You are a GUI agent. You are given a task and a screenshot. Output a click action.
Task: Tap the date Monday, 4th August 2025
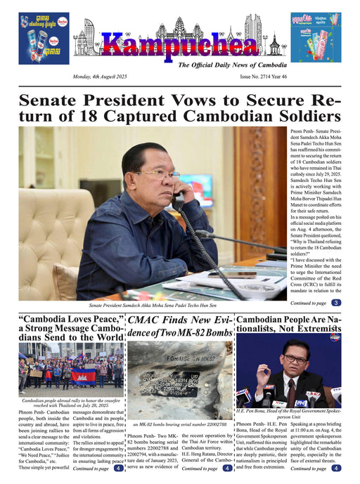point(103,77)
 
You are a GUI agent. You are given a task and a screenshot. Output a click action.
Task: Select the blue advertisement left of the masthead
point(44,38)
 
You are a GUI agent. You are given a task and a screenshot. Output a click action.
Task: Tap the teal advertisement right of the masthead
point(315,38)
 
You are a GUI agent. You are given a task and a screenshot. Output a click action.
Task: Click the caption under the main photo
point(153,306)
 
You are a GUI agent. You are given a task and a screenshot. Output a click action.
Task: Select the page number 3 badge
point(336,303)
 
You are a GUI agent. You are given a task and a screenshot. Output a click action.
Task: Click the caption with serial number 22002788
point(179,425)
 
